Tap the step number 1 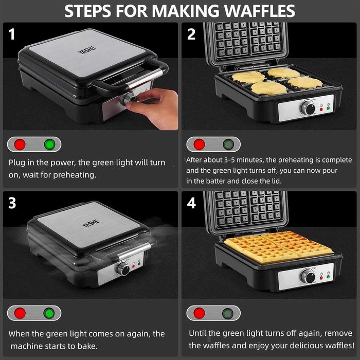click(12, 34)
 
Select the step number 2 click(191, 34)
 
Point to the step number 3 click(12, 203)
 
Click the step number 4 click(191, 203)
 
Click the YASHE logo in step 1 click(87, 50)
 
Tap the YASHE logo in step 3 click(91, 223)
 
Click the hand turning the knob click(153, 108)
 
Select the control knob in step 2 click(308, 107)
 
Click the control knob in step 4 click(308, 276)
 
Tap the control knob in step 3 click(123, 268)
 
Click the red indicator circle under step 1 click(20, 145)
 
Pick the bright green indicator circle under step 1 click(49, 145)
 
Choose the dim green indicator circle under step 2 click(228, 145)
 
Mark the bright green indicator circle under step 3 click(49, 313)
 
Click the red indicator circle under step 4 click(199, 313)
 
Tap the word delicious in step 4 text click(280, 345)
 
